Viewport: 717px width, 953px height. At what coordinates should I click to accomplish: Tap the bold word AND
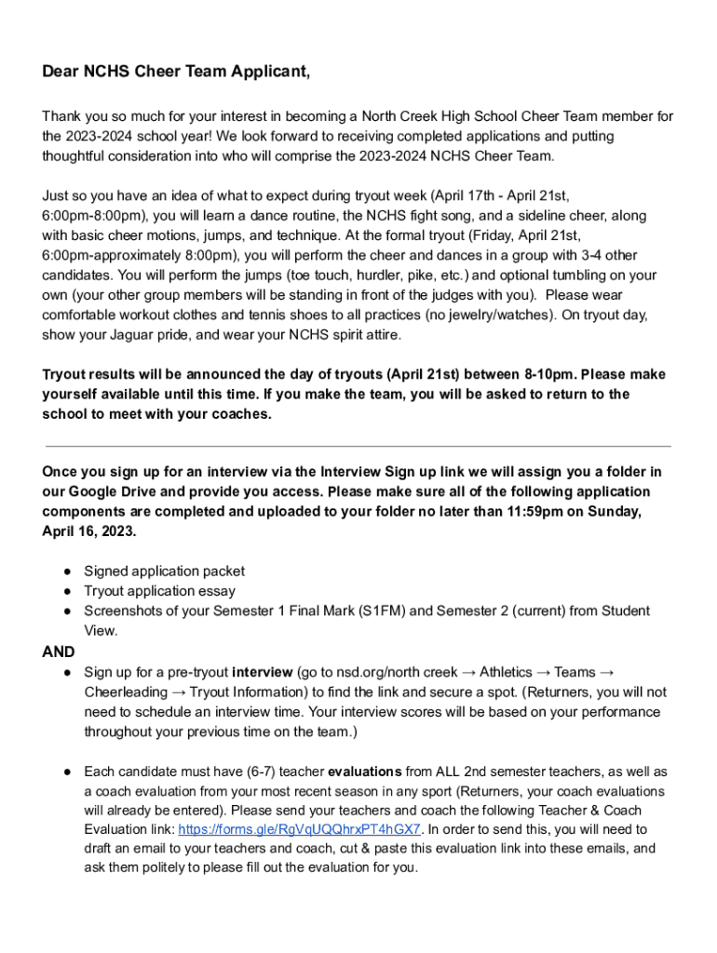click(59, 651)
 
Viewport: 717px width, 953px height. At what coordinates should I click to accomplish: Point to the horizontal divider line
click(357, 446)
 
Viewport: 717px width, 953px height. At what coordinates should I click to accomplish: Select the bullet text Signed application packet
click(165, 571)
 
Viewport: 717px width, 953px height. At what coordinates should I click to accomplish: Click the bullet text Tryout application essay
click(159, 591)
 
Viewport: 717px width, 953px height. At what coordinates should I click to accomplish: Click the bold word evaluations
click(365, 772)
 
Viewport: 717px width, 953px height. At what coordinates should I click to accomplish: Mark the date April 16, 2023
click(88, 531)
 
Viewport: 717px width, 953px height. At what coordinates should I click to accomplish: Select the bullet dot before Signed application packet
click(68, 571)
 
